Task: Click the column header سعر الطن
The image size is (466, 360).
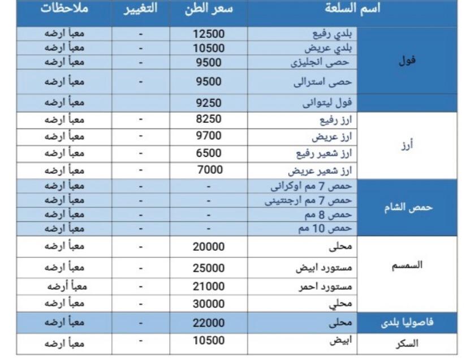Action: [209, 10]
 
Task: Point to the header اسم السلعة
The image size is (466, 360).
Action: [354, 10]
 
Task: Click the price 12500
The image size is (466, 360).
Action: [209, 34]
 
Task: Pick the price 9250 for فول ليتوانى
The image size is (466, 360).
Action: [209, 103]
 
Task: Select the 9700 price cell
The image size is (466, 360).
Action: [209, 136]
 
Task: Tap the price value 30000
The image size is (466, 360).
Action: [209, 303]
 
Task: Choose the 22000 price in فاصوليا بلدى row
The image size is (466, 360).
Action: [209, 323]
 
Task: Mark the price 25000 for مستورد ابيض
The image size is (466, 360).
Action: [209, 267]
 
